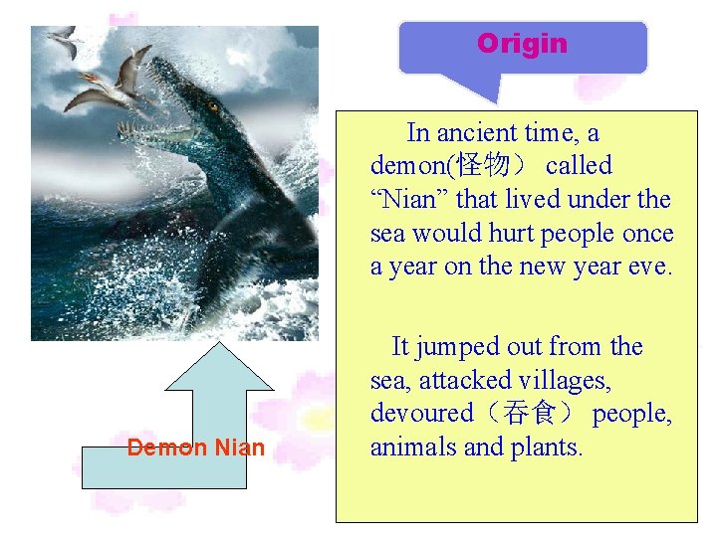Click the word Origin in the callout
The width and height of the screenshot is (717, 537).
coord(522,44)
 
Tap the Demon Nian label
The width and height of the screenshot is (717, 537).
coord(196,447)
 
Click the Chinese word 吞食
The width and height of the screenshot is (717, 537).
coord(531,414)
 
